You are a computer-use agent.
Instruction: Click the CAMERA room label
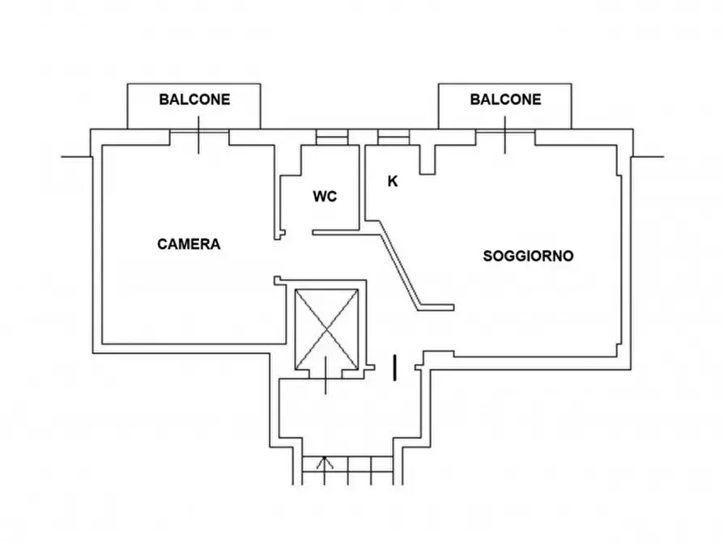[189, 243]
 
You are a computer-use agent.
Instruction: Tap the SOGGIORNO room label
[528, 256]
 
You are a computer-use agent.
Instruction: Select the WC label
[325, 197]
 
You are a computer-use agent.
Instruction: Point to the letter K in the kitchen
[393, 182]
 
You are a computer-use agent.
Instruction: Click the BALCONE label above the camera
[194, 100]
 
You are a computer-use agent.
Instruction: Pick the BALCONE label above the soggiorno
[505, 100]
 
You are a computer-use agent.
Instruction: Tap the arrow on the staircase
[325, 464]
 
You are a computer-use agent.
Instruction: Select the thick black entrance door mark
[394, 367]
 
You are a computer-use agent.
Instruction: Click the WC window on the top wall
[330, 138]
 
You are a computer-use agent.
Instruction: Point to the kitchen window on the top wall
[393, 138]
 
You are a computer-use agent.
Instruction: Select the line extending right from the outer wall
[650, 155]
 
